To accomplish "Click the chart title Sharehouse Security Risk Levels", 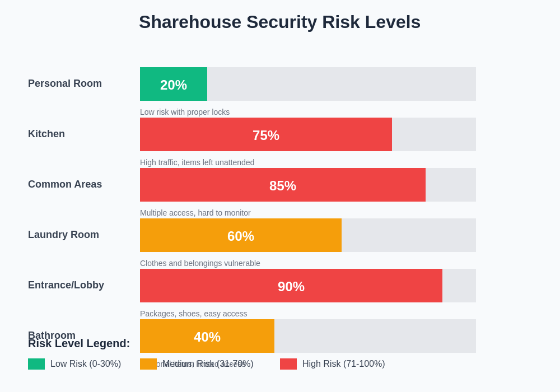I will coord(279,22).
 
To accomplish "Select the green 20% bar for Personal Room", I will coord(174,84).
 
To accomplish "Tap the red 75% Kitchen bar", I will coord(266,134).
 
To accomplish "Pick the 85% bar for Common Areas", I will coord(283,185).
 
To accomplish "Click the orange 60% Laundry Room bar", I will coord(241,235).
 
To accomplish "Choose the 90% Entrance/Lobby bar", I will coord(291,286).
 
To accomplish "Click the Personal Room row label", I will coord(65,83).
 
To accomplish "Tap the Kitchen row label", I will coord(46,134).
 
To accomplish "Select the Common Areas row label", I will coord(65,184).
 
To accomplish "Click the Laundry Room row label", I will coord(63,235).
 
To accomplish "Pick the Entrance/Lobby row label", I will coord(66,285).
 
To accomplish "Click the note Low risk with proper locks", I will coord(185,112).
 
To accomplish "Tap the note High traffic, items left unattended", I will coord(197,162).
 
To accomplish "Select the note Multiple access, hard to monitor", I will coord(195,213).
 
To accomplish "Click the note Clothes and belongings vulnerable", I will coord(200,263).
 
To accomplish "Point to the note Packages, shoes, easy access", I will coord(193,314).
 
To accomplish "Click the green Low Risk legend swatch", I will coord(36,364).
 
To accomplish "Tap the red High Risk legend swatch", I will coord(288,364).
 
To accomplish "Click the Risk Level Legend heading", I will coord(79,344).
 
